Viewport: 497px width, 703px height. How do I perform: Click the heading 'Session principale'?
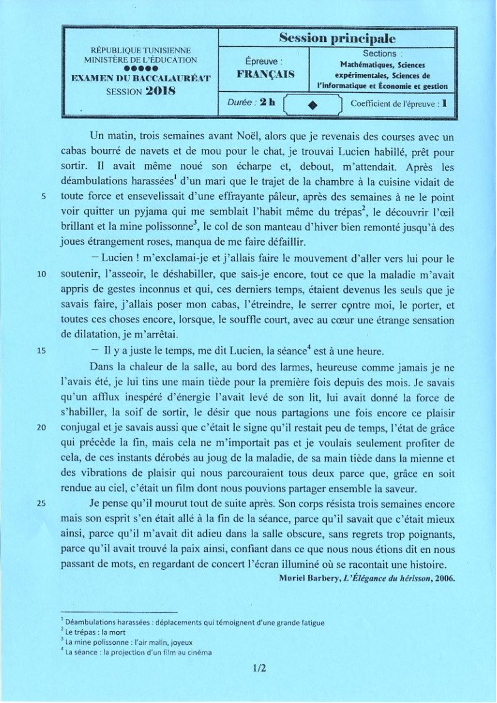tap(337, 38)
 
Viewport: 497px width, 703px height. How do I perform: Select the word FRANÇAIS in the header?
tap(265, 74)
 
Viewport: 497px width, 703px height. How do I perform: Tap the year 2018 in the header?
tap(160, 91)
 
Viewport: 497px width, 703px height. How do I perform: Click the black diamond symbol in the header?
tap(313, 105)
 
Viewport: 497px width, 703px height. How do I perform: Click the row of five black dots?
tap(140, 69)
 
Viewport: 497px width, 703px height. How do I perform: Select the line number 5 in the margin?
tap(42, 197)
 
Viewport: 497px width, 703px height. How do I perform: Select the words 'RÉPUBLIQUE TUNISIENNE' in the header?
tap(140, 50)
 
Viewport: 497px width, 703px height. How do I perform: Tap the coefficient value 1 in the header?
tap(444, 103)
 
